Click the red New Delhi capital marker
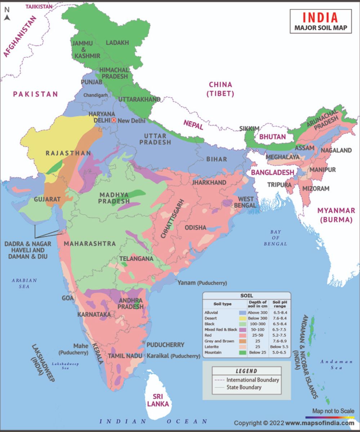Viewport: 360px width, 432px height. pyautogui.click(x=114, y=120)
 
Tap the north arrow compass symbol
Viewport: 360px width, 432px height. pyautogui.click(x=7, y=14)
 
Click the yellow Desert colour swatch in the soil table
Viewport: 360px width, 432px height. pyautogui.click(x=242, y=318)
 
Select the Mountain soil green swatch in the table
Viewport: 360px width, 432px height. pyautogui.click(x=242, y=352)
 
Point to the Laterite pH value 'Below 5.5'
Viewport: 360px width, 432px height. pyautogui.click(x=280, y=347)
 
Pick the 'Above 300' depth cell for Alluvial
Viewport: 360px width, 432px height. pyautogui.click(x=257, y=312)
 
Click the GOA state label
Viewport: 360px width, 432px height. pyautogui.click(x=68, y=298)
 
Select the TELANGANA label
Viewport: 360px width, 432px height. pyautogui.click(x=137, y=258)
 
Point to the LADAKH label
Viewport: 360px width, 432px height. pyautogui.click(x=117, y=43)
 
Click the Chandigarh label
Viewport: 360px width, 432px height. pyautogui.click(x=95, y=95)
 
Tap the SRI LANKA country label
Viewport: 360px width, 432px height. pyautogui.click(x=158, y=400)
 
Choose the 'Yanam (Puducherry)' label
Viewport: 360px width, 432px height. pyautogui.click(x=202, y=283)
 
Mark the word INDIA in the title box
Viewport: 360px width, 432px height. pyautogui.click(x=320, y=18)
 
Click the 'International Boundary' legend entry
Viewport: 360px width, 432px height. pyautogui.click(x=252, y=380)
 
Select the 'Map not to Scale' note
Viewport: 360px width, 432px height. pyautogui.click(x=333, y=411)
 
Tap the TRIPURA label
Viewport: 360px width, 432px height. pyautogui.click(x=279, y=185)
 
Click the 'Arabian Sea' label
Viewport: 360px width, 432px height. pyautogui.click(x=24, y=283)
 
